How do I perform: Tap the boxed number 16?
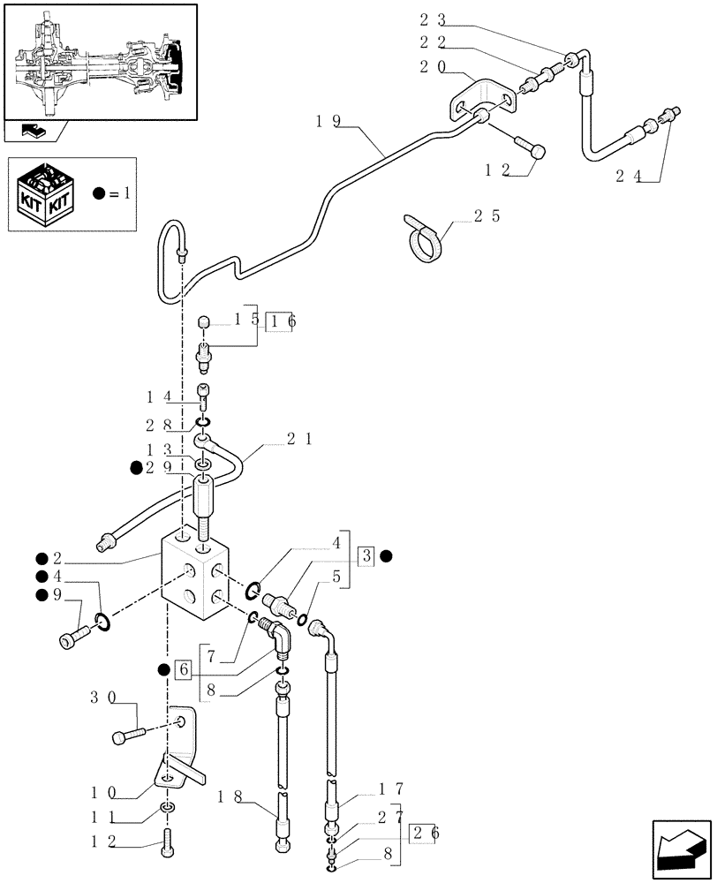coord(283,321)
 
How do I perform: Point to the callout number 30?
coord(103,698)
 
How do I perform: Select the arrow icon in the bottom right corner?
coord(680,849)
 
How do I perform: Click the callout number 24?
coord(628,176)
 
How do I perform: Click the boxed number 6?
coord(185,669)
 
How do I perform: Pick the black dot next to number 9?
coord(42,595)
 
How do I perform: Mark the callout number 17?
coord(391,789)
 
